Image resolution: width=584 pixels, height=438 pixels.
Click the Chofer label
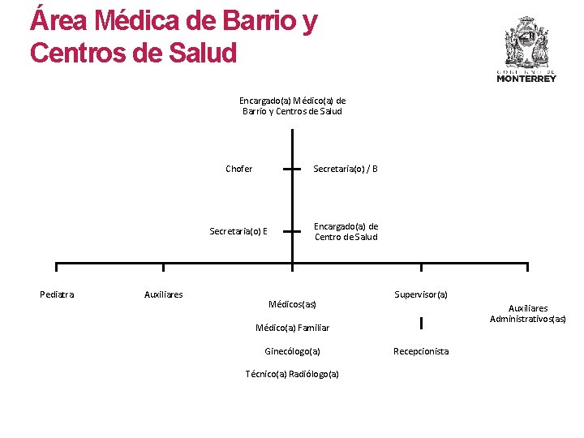[x=238, y=170]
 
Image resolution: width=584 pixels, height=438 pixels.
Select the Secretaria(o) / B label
[x=346, y=170]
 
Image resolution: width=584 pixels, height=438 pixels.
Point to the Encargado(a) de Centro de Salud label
[x=346, y=231]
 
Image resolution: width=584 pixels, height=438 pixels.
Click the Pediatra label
[x=57, y=294]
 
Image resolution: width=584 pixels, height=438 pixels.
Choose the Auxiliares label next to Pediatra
[x=163, y=294]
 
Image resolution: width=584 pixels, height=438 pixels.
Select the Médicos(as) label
[x=292, y=304]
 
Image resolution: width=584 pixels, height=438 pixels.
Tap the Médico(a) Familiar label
[x=292, y=328]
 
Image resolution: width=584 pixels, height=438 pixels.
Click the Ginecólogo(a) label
[x=292, y=351]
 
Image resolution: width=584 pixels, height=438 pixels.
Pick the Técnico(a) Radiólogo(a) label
[x=292, y=374]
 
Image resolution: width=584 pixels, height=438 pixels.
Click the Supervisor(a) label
[x=421, y=294]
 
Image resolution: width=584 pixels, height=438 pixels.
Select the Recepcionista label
[x=421, y=351]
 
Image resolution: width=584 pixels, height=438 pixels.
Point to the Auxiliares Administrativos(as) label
[x=528, y=313]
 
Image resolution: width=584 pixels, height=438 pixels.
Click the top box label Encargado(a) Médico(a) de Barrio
[x=292, y=105]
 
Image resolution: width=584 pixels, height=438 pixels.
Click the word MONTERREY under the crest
[x=526, y=79]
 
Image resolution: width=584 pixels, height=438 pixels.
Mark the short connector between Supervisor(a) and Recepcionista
[x=421, y=324]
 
